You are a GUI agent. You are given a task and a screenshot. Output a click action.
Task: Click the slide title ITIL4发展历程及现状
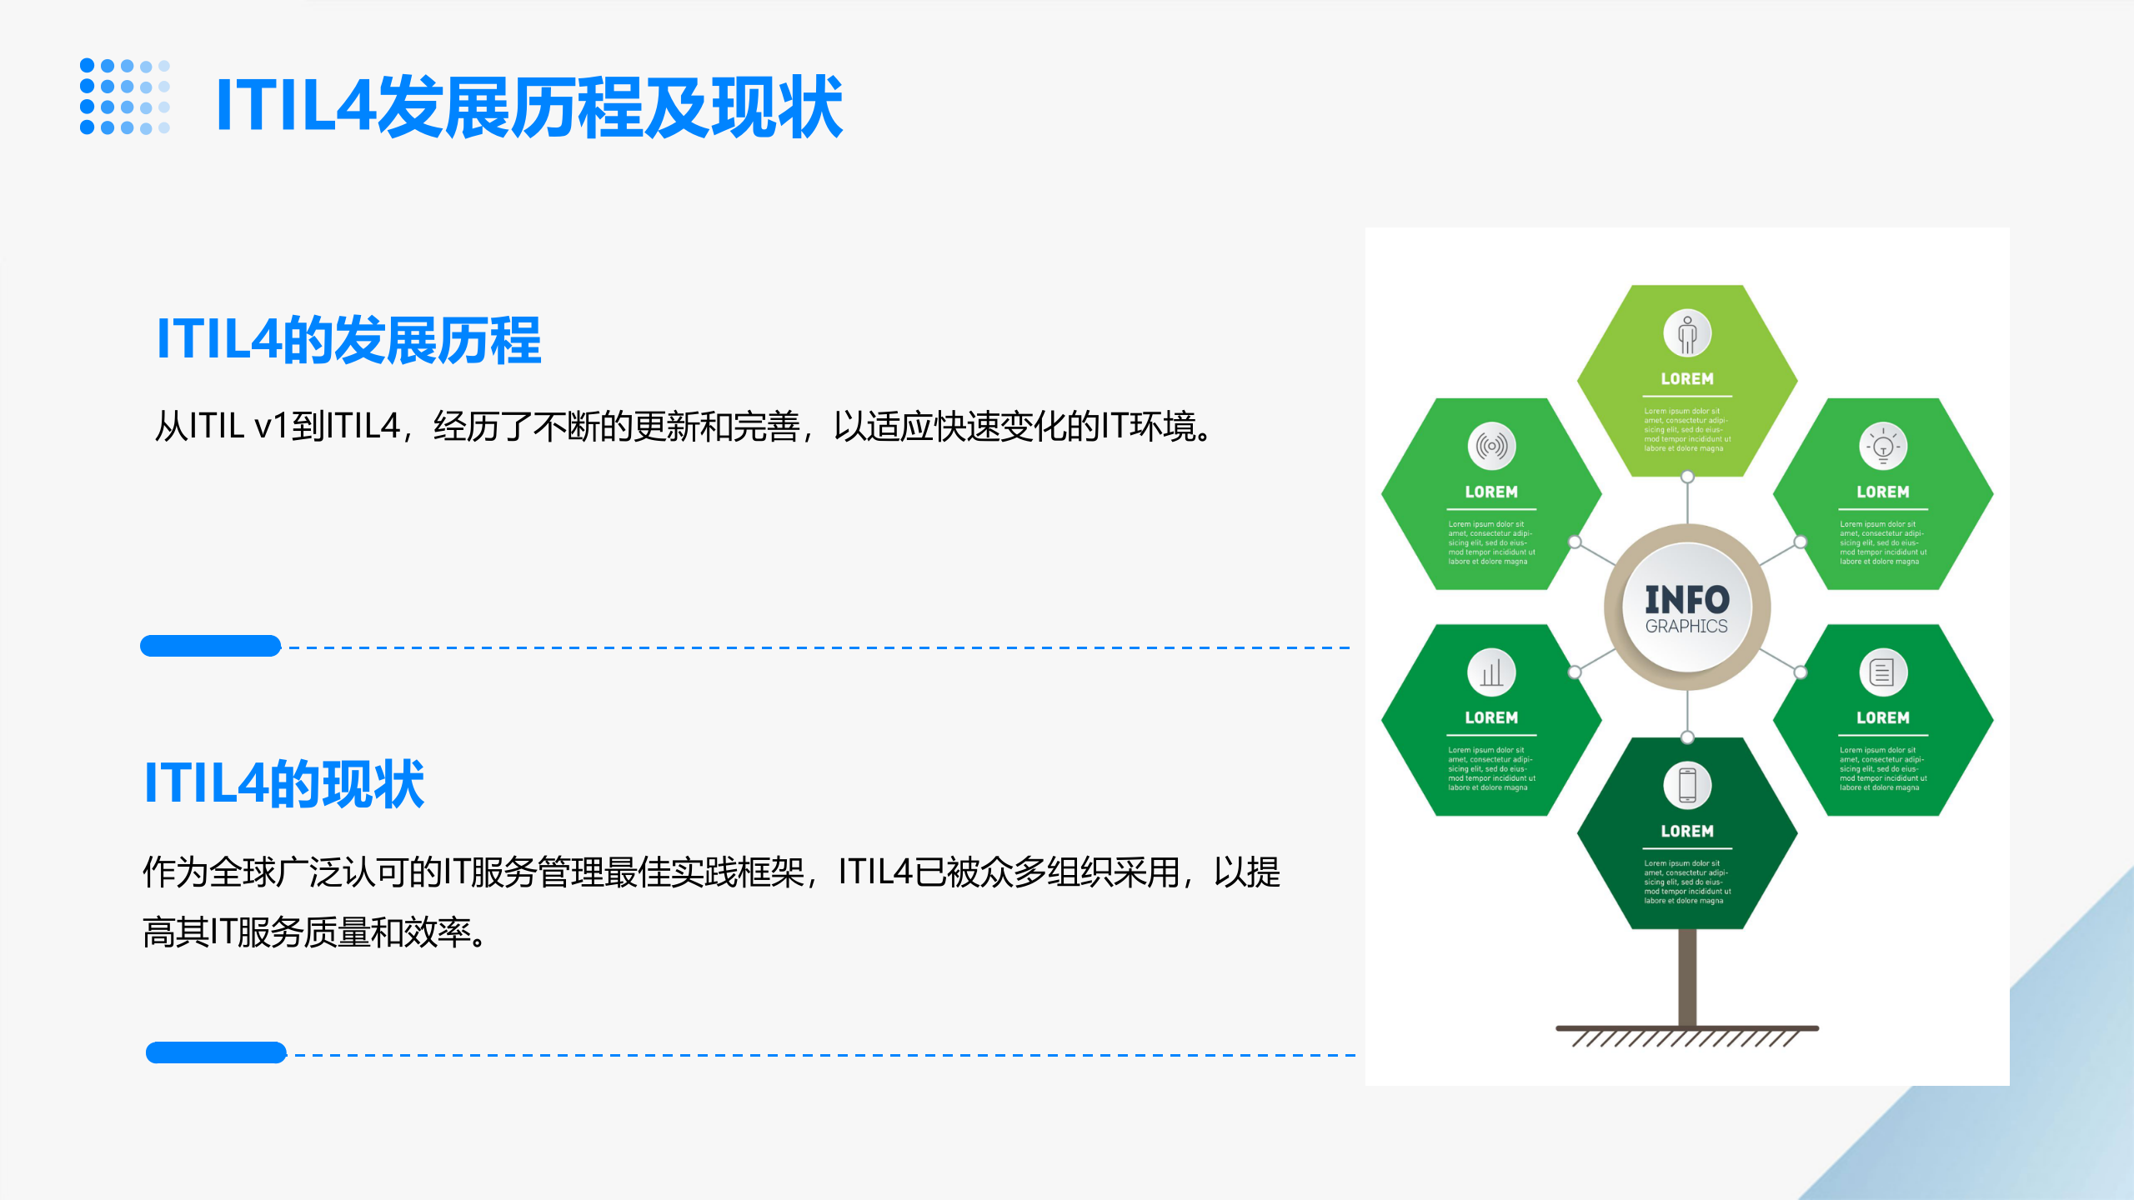(x=528, y=107)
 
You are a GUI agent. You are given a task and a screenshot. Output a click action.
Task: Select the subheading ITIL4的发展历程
(x=348, y=340)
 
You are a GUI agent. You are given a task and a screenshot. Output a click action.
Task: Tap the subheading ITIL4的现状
(x=284, y=783)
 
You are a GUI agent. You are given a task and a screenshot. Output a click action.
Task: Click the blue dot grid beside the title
(x=125, y=97)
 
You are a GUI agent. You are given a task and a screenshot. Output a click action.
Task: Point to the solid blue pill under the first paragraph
(x=210, y=646)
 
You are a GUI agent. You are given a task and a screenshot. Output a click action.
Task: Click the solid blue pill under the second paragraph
(x=216, y=1052)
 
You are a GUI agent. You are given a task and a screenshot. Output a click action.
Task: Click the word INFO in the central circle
(x=1686, y=599)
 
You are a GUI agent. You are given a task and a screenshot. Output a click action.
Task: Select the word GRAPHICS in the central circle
(x=1686, y=626)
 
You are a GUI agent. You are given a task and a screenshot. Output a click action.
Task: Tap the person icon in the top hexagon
(x=1687, y=333)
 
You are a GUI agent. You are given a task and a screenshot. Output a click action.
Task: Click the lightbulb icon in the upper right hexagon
(x=1883, y=447)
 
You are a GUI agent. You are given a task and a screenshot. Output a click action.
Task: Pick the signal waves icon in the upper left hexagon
(x=1491, y=447)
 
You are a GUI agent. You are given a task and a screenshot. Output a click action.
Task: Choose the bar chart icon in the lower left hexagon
(x=1491, y=672)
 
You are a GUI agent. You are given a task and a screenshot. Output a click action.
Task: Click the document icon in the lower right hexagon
(x=1883, y=672)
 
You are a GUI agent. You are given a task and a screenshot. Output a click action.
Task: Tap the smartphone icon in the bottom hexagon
(x=1687, y=785)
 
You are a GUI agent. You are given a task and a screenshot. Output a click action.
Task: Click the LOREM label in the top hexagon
(x=1687, y=379)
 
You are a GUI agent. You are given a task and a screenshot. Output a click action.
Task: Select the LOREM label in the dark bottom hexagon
(x=1687, y=831)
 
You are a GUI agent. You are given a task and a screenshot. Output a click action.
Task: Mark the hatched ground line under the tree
(x=1687, y=1035)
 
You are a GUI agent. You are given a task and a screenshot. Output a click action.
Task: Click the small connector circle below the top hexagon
(x=1687, y=477)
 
